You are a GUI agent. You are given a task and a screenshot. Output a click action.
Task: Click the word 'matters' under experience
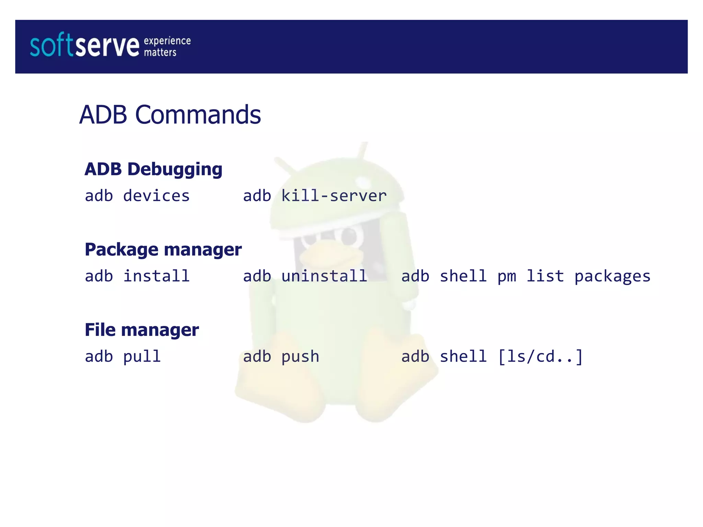160,52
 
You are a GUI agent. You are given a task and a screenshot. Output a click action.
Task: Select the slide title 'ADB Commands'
170,115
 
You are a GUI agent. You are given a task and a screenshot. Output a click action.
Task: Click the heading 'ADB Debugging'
153,169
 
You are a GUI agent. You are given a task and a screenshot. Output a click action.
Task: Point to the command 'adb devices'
137,196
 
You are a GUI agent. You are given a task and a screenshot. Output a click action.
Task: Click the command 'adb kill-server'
315,196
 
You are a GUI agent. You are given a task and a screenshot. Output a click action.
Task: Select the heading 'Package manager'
163,249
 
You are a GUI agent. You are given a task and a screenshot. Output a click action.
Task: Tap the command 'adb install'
137,276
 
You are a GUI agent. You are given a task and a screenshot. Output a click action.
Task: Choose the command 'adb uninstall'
305,276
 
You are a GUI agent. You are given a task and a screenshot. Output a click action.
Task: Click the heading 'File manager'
142,330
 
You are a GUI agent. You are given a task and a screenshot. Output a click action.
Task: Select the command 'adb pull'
123,357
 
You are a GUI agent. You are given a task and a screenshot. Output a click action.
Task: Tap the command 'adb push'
281,357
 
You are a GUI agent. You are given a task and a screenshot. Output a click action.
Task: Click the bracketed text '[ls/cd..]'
540,357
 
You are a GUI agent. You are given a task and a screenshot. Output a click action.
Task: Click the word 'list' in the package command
545,276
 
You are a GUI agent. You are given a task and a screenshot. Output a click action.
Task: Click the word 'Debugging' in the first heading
175,169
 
